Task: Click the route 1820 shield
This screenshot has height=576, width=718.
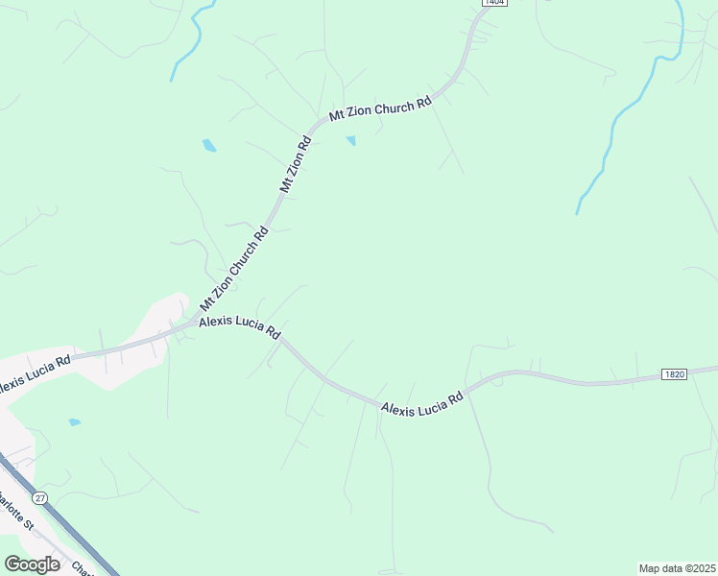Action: tap(674, 374)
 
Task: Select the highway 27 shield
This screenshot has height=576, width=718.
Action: tap(39, 497)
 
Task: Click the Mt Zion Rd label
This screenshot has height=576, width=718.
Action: tap(297, 165)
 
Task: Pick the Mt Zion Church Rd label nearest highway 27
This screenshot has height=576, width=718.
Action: tap(233, 269)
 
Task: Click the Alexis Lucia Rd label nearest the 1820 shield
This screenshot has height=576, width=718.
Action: tap(421, 402)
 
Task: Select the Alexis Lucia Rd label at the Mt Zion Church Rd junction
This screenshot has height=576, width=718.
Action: tap(239, 328)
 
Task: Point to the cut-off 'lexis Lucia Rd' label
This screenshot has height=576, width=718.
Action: tap(36, 372)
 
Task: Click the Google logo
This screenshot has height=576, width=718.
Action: tap(32, 564)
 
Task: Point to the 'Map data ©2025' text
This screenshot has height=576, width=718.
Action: tap(677, 568)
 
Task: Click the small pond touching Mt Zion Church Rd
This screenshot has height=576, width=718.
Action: tap(350, 141)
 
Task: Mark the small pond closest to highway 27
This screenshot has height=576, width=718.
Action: tap(74, 421)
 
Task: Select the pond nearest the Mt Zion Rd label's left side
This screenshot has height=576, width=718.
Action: tap(209, 146)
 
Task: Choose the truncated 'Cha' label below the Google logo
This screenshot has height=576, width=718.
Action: tap(83, 567)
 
